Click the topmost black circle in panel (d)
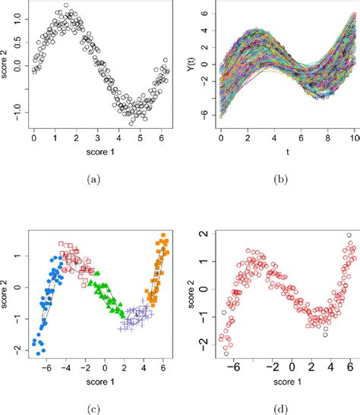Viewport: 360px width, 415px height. pyautogui.click(x=349, y=236)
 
